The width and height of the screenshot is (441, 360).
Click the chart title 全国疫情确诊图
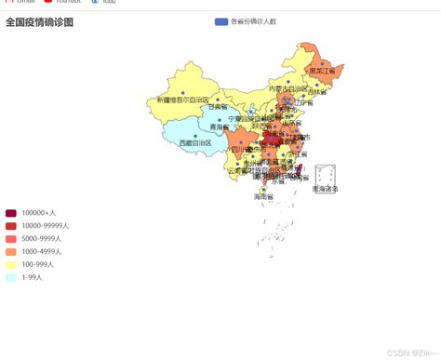[39, 21]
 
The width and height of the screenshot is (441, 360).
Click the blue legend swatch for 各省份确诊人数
[220, 21]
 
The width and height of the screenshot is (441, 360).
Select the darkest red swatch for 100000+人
[11, 213]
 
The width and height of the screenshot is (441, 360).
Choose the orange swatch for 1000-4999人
[11, 251]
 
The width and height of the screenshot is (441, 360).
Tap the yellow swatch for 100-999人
[11, 264]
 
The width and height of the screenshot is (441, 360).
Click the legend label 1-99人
[33, 277]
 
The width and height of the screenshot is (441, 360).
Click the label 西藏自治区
[195, 143]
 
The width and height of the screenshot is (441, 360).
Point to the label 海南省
[263, 196]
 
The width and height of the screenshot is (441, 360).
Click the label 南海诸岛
[326, 189]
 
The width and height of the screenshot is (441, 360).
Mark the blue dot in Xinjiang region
[216, 96]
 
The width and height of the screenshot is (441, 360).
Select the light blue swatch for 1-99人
[11, 277]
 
